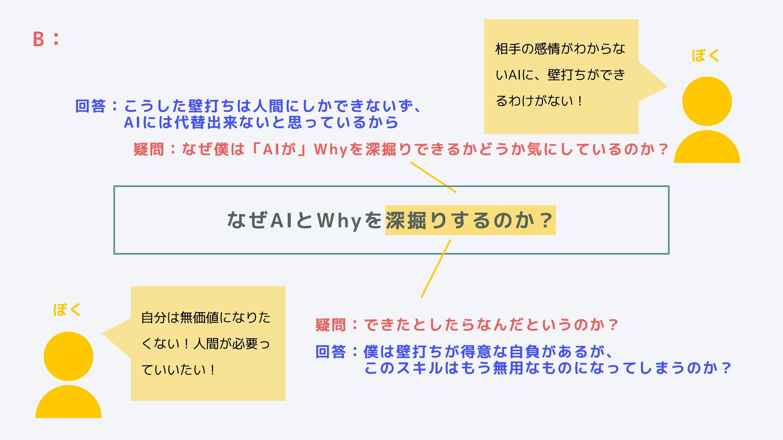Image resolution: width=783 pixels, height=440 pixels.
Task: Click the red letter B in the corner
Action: [38, 39]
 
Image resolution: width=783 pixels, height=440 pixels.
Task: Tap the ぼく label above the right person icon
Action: [705, 55]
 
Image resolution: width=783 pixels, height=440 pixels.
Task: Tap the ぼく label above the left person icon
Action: [67, 310]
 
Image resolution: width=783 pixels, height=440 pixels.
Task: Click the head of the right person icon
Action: [707, 101]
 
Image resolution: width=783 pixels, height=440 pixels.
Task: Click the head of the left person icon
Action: [69, 356]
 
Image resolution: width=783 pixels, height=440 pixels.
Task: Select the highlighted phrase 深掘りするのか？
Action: [470, 220]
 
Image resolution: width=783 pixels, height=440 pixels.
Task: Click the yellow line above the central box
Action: [433, 177]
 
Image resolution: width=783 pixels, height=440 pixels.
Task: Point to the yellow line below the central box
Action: [436, 269]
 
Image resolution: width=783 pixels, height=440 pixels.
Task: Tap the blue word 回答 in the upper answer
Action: [91, 106]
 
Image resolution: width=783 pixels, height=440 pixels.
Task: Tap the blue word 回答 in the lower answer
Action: [331, 352]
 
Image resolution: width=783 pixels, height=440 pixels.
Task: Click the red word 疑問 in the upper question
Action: [148, 150]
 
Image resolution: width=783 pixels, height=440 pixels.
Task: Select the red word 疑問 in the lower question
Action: [331, 325]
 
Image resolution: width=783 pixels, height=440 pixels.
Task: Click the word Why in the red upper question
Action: [330, 150]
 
